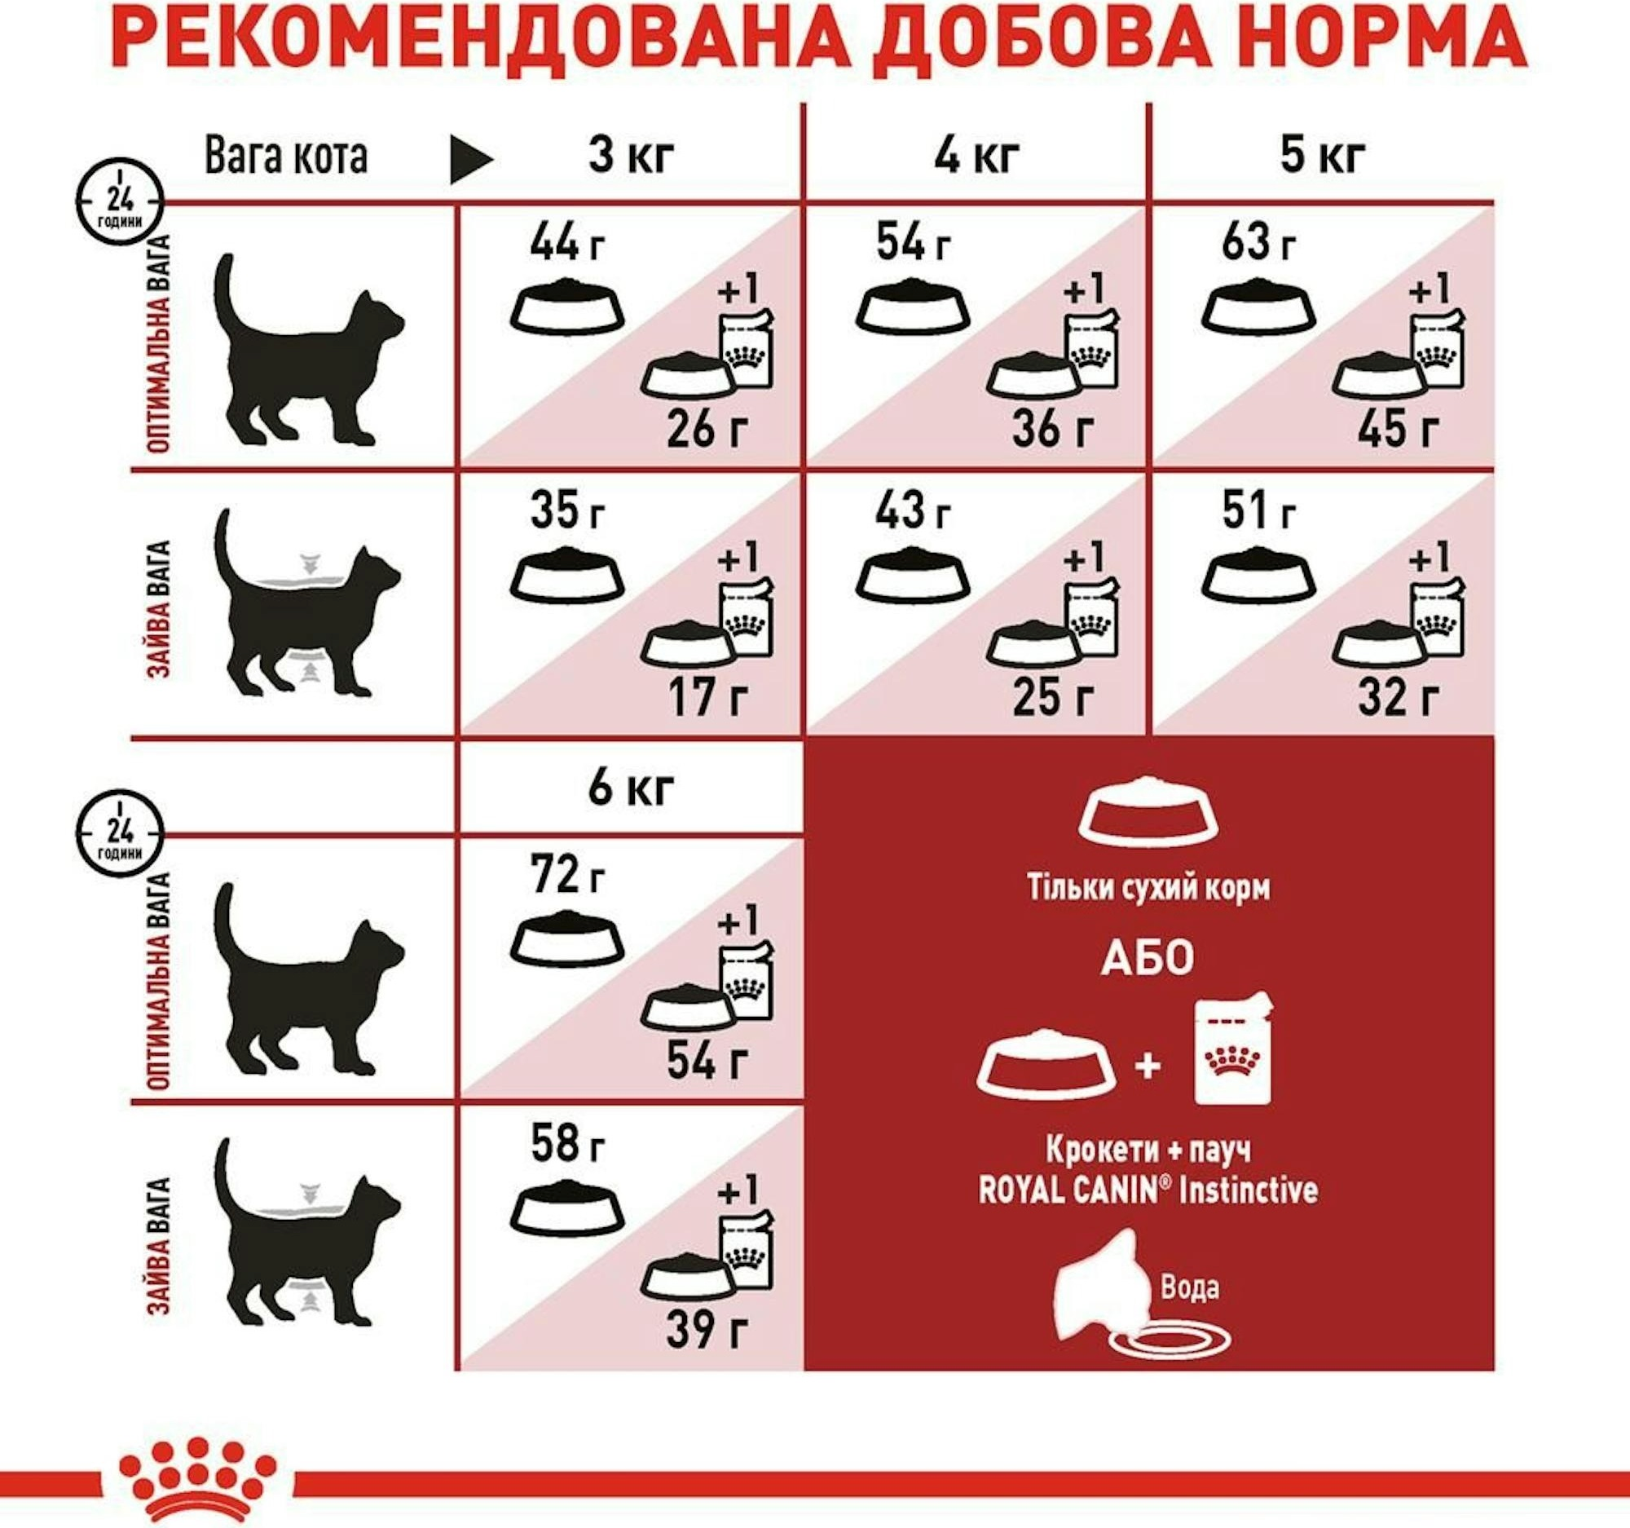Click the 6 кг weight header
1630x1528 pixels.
[630, 788]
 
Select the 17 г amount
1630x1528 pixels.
[707, 700]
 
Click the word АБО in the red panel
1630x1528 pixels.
[1147, 960]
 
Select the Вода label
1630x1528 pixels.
[1190, 1287]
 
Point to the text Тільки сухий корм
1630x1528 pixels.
[1148, 888]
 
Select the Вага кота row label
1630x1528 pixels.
[285, 155]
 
